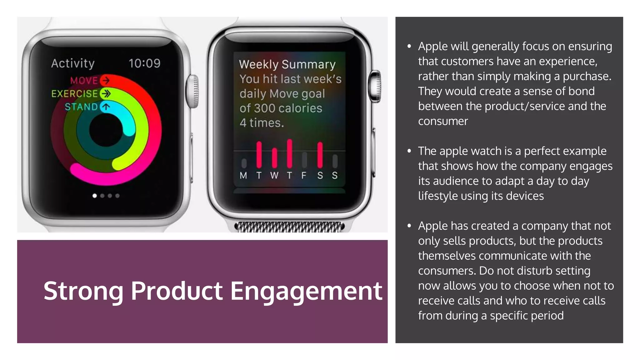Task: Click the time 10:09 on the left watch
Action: pyautogui.click(x=144, y=63)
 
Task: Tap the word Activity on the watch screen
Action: pyautogui.click(x=73, y=63)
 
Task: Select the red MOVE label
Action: pyautogui.click(x=84, y=81)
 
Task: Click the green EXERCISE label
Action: pyautogui.click(x=75, y=94)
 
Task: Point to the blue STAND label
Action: pyautogui.click(x=81, y=107)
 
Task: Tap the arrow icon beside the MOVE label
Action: pyautogui.click(x=106, y=80)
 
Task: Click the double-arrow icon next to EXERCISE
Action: pyautogui.click(x=106, y=93)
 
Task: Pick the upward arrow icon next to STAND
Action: pyautogui.click(x=106, y=107)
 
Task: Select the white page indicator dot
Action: pyautogui.click(x=95, y=196)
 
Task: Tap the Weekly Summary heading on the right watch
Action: pyautogui.click(x=287, y=64)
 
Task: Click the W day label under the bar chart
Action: pyautogui.click(x=274, y=176)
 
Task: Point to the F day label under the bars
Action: pyautogui.click(x=304, y=176)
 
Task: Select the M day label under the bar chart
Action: pyautogui.click(x=243, y=176)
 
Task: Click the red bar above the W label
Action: pyautogui.click(x=274, y=157)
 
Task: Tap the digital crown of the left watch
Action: pyautogui.click(x=193, y=91)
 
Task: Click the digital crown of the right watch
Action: pyautogui.click(x=376, y=86)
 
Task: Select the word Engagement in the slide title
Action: pyautogui.click(x=306, y=291)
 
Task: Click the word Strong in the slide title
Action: pyautogui.click(x=83, y=291)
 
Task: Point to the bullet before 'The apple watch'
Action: pyautogui.click(x=409, y=151)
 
